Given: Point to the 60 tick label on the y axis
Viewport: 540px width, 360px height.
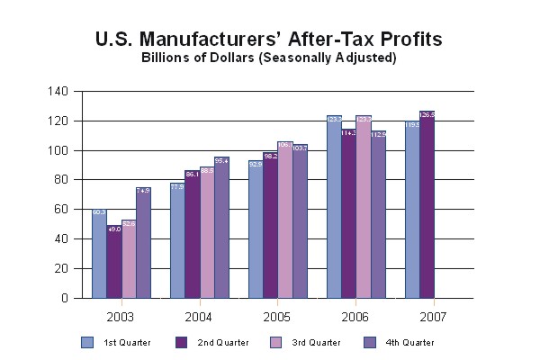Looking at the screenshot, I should point(60,209).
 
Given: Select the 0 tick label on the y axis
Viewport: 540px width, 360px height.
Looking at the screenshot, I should point(63,298).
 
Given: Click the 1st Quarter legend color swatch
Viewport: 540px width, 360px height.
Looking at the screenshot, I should point(87,342).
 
